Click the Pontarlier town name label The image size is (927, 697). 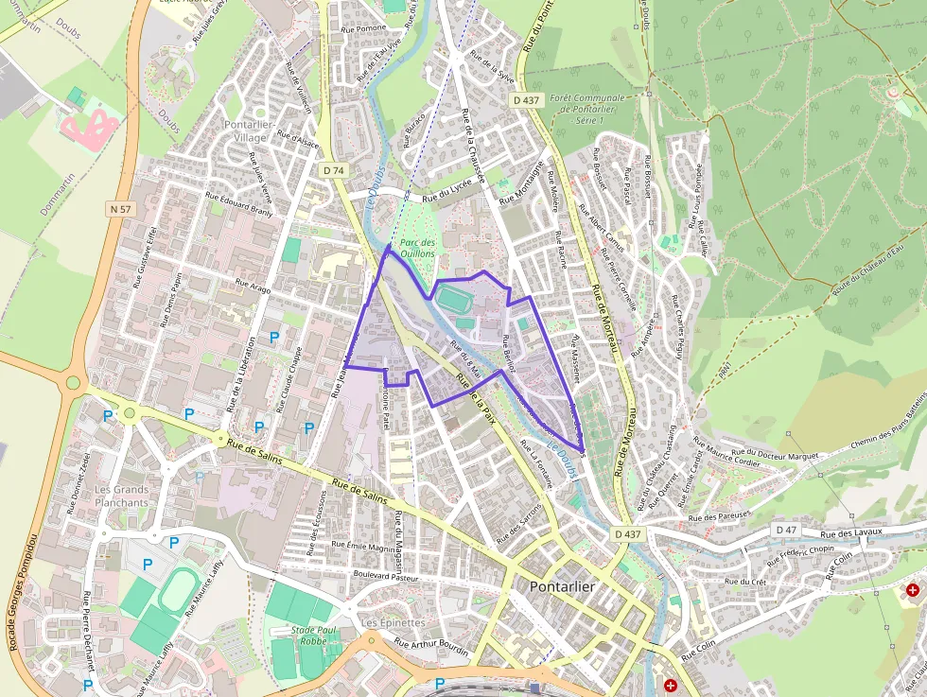[562, 586]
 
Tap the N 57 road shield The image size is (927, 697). [119, 208]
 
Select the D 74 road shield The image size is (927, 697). [332, 169]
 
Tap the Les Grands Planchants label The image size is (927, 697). [122, 497]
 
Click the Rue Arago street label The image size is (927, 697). [253, 287]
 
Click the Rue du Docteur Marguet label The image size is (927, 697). [780, 456]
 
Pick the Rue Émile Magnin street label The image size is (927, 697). [364, 547]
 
